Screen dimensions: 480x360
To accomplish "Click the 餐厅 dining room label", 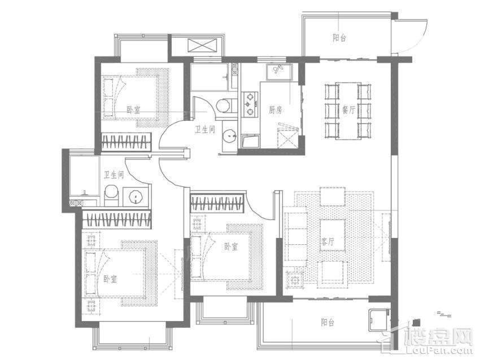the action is (348, 110).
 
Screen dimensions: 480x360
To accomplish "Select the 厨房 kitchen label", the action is (275, 110).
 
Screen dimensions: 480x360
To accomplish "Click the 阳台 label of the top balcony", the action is (339, 38).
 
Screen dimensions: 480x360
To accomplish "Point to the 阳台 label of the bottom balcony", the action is (328, 322).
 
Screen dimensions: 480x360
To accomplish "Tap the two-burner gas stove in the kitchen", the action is (250, 104).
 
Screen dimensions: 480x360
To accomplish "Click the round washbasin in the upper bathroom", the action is (229, 135).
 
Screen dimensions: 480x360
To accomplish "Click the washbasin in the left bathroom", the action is (136, 196).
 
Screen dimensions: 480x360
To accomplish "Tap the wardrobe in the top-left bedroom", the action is (126, 142).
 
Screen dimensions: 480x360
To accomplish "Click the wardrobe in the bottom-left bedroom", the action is (117, 219).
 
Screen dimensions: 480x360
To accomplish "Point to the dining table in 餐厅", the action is (348, 111).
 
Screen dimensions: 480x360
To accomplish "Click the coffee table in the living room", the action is (333, 235).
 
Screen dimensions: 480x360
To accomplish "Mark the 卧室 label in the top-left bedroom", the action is (133, 110).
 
